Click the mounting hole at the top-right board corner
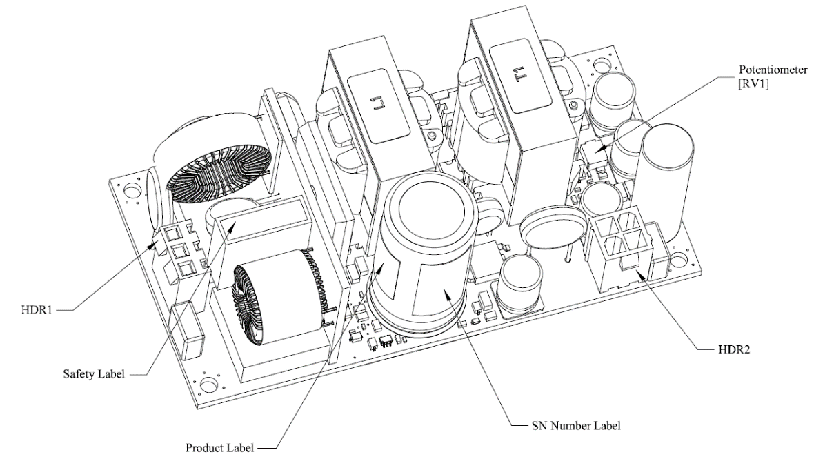602,68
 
